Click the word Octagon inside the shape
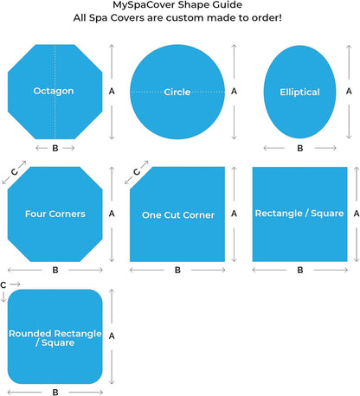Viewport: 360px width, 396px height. (54, 91)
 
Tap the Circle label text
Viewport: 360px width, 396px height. (177, 92)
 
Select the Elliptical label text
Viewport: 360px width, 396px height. (299, 92)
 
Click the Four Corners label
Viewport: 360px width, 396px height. (55, 214)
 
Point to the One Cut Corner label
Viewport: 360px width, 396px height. (178, 215)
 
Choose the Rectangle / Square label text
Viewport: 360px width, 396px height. (299, 214)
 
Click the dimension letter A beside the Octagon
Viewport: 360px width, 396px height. (112, 92)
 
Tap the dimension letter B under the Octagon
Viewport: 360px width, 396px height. (55, 148)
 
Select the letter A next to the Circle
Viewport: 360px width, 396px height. (234, 92)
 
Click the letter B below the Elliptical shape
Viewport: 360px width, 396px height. (300, 148)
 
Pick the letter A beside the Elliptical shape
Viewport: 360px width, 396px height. (349, 92)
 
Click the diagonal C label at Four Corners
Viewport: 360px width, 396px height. (14, 172)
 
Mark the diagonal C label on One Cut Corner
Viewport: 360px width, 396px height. (137, 172)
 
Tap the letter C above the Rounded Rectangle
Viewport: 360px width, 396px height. (3, 285)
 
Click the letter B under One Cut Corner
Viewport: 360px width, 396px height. (177, 270)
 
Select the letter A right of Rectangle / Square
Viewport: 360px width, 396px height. (357, 214)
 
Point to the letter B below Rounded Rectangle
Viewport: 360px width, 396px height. (55, 393)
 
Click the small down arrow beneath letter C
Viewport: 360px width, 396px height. (3, 297)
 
